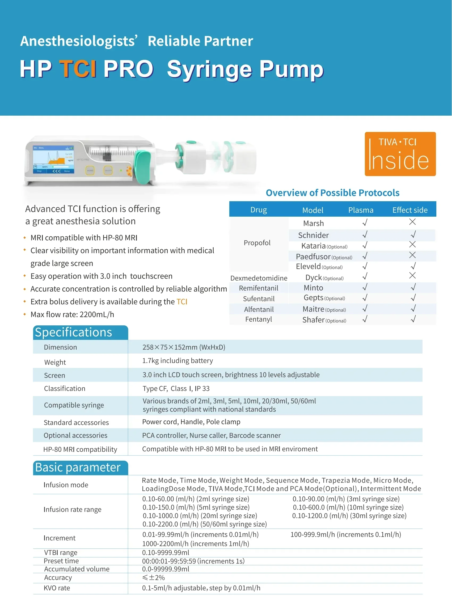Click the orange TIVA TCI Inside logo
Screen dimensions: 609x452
pyautogui.click(x=400, y=154)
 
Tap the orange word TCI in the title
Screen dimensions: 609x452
pyautogui.click(x=78, y=69)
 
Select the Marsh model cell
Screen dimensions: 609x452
pyautogui.click(x=313, y=223)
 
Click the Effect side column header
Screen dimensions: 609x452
pyautogui.click(x=409, y=210)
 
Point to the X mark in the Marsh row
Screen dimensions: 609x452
pyautogui.click(x=412, y=222)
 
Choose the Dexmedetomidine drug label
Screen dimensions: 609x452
pyautogui.click(x=259, y=278)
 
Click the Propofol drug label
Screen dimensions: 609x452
pyautogui.click(x=257, y=243)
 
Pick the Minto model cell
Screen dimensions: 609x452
pyautogui.click(x=313, y=288)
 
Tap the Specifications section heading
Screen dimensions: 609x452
pyautogui.click(x=73, y=332)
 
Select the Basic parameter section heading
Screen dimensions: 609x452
pyautogui.click(x=78, y=467)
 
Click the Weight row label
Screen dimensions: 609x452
pyautogui.click(x=55, y=362)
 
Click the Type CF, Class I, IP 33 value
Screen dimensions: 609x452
pyautogui.click(x=176, y=388)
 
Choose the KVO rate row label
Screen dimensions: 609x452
pyautogui.click(x=57, y=588)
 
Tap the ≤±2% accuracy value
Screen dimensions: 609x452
pyautogui.click(x=154, y=578)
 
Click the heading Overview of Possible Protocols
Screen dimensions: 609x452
pyautogui.click(x=332, y=193)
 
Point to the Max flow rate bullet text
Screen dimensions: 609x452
pyautogui.click(x=72, y=314)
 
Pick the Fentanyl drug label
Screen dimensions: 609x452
pyautogui.click(x=259, y=320)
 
